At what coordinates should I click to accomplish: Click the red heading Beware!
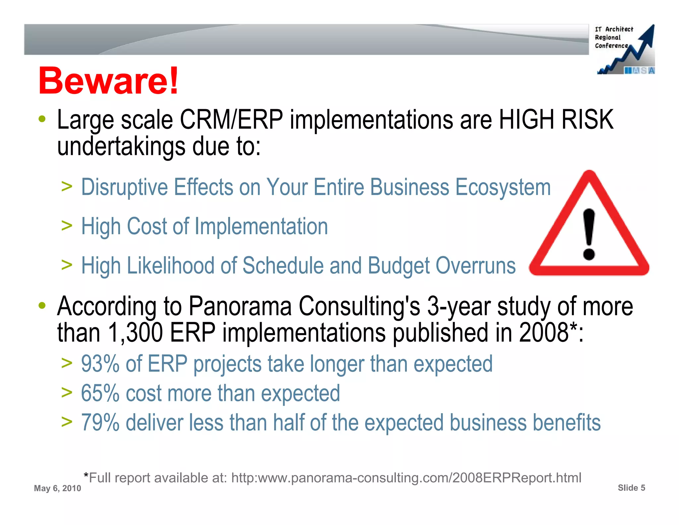pos(108,81)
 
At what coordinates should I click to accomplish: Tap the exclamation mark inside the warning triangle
pos(589,234)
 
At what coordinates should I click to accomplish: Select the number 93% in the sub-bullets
pos(100,364)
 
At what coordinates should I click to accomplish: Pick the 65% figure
pos(100,393)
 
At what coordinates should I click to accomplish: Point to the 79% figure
pos(100,422)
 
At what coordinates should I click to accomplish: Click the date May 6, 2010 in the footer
pos(57,488)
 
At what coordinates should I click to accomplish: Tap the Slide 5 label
pos(631,488)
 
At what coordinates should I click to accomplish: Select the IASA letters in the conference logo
pos(640,71)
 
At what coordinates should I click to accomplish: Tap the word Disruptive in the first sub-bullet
pos(125,187)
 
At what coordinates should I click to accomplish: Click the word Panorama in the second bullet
pos(240,306)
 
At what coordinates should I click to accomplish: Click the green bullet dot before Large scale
pos(42,119)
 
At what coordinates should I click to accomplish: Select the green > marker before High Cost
pos(67,226)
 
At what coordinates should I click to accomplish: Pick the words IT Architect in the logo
pos(614,29)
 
